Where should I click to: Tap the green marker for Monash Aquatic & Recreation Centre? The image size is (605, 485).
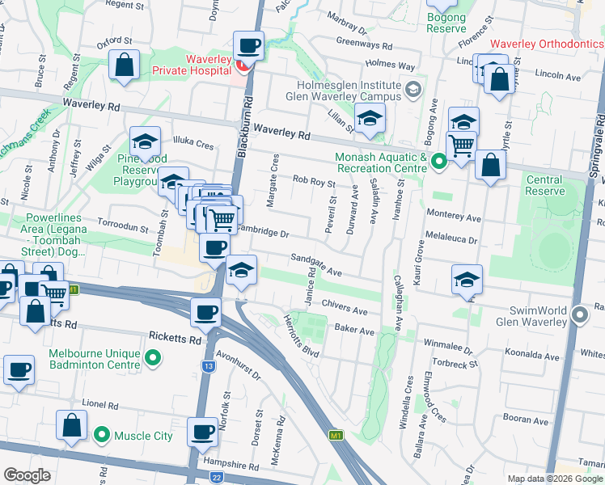pyautogui.click(x=438, y=162)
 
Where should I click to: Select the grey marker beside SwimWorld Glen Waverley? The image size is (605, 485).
pyautogui.click(x=579, y=315)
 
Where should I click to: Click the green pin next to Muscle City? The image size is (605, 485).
pyautogui.click(x=101, y=436)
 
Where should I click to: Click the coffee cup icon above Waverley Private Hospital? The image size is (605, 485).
pyautogui.click(x=249, y=44)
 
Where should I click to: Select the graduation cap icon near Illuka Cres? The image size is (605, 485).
pyautogui.click(x=144, y=142)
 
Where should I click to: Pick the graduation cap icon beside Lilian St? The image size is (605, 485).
pyautogui.click(x=370, y=119)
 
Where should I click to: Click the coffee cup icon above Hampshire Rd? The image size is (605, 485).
pyautogui.click(x=202, y=431)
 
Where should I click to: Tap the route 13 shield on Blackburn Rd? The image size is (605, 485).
pyautogui.click(x=209, y=366)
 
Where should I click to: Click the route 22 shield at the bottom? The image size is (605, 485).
pyautogui.click(x=216, y=477)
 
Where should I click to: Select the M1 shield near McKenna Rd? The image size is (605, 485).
pyautogui.click(x=336, y=436)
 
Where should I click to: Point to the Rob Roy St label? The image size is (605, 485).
pyautogui.click(x=314, y=181)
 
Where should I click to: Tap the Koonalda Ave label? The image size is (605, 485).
pyautogui.click(x=532, y=356)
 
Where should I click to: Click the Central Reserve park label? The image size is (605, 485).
pyautogui.click(x=544, y=185)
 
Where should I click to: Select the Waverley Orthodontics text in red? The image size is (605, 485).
pyautogui.click(x=546, y=44)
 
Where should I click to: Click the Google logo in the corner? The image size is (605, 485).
pyautogui.click(x=27, y=475)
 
